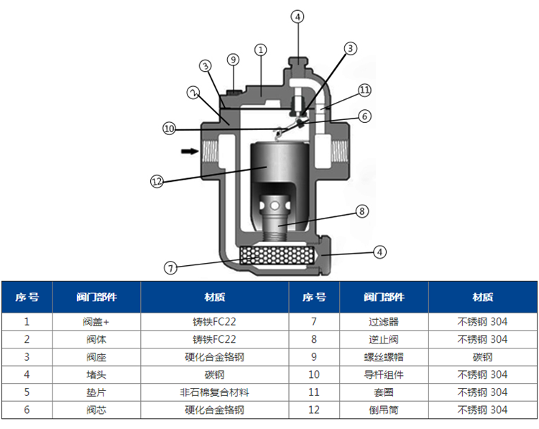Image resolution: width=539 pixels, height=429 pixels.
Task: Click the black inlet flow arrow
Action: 190,151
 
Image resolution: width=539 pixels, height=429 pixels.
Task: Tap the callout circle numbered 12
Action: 157,181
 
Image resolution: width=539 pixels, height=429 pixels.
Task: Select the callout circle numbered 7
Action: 171,268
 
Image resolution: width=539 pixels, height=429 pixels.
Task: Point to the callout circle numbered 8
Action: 362,211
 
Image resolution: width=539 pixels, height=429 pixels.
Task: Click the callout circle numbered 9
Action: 234,60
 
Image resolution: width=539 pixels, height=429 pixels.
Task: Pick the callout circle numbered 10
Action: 169,129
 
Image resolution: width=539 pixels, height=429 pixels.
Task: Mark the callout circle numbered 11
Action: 364,91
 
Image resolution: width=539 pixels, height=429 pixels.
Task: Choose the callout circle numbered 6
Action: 365,116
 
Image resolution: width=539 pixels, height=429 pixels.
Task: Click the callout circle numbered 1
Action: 261,50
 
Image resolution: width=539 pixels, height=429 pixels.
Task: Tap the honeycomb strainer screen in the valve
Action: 277,256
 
